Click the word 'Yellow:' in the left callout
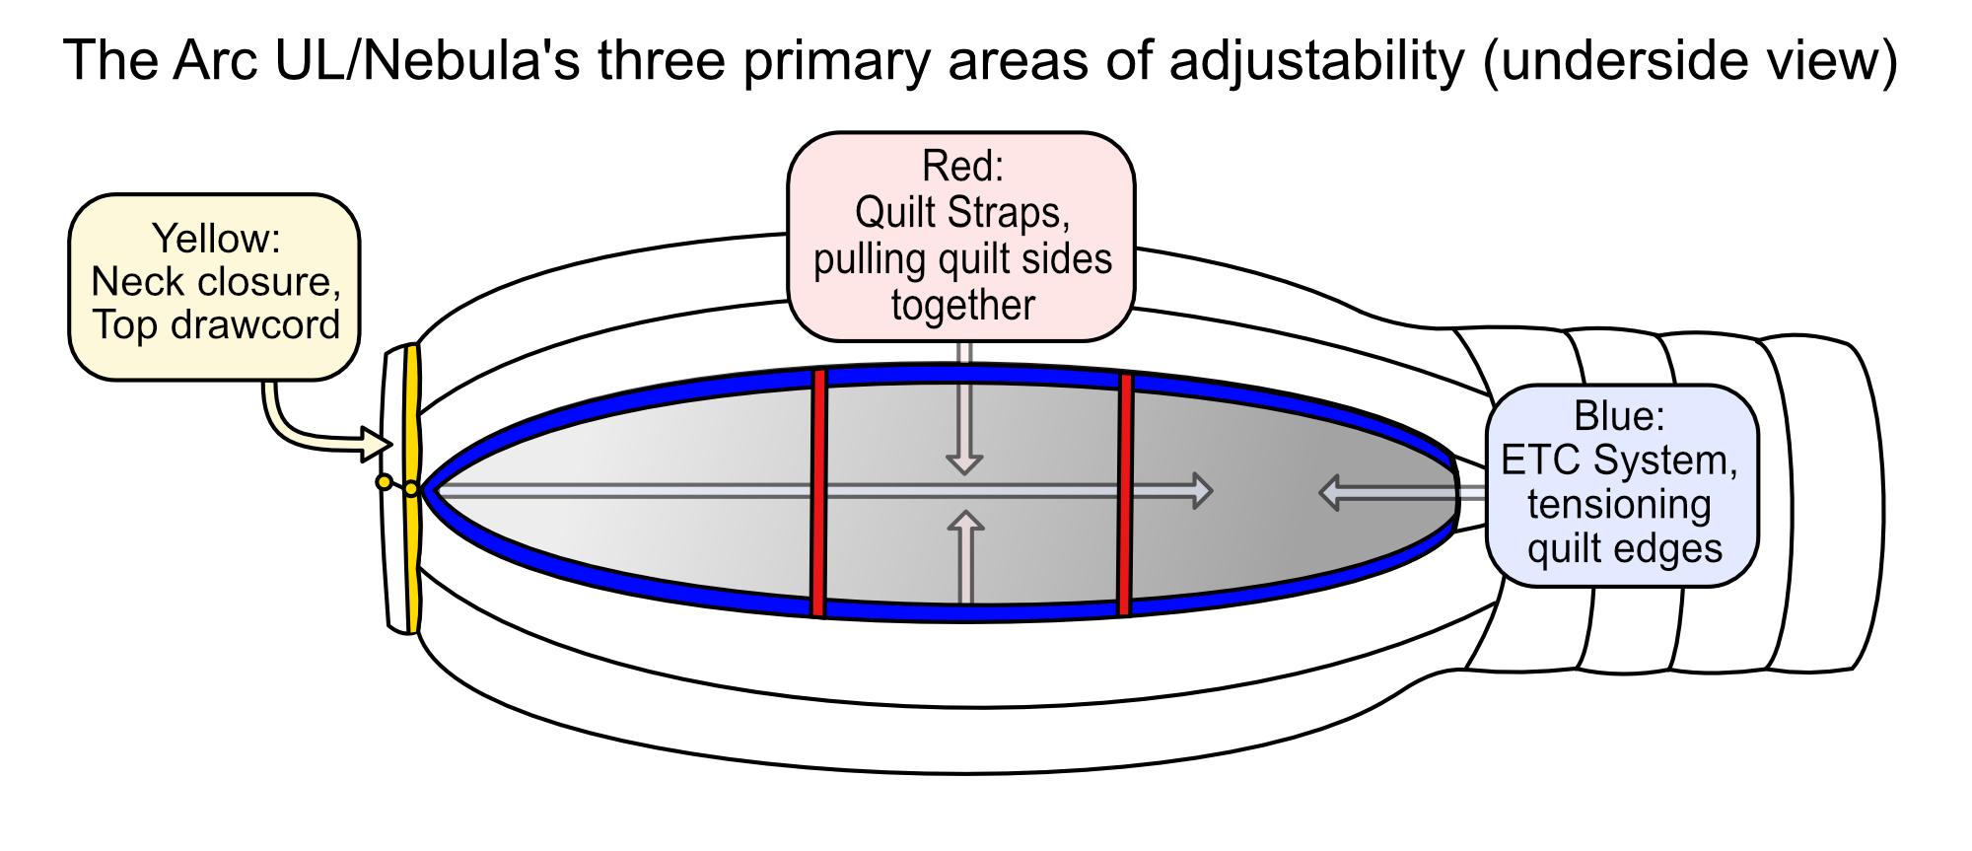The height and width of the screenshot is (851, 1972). point(216,240)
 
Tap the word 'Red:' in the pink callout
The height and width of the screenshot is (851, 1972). point(962,166)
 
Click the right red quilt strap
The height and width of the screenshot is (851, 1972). point(1125,494)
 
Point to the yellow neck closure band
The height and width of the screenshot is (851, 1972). point(412,488)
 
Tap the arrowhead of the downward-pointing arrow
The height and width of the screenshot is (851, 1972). point(964,463)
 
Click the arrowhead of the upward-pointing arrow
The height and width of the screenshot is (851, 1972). point(966,523)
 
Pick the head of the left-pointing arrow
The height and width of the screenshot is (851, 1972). point(1330,492)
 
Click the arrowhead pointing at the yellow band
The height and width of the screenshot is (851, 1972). point(377,444)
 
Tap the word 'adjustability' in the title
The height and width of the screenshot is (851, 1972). point(1317,62)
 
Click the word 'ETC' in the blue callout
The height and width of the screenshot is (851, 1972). point(1541,461)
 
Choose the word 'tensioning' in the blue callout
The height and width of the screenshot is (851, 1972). point(1620,505)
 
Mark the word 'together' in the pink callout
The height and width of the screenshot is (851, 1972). point(963,306)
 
